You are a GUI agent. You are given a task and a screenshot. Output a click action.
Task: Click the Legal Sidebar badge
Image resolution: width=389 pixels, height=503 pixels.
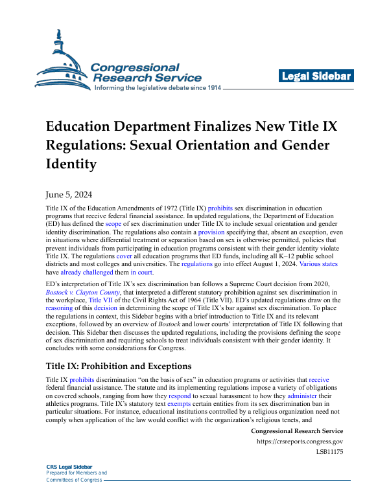pos(316,77)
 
